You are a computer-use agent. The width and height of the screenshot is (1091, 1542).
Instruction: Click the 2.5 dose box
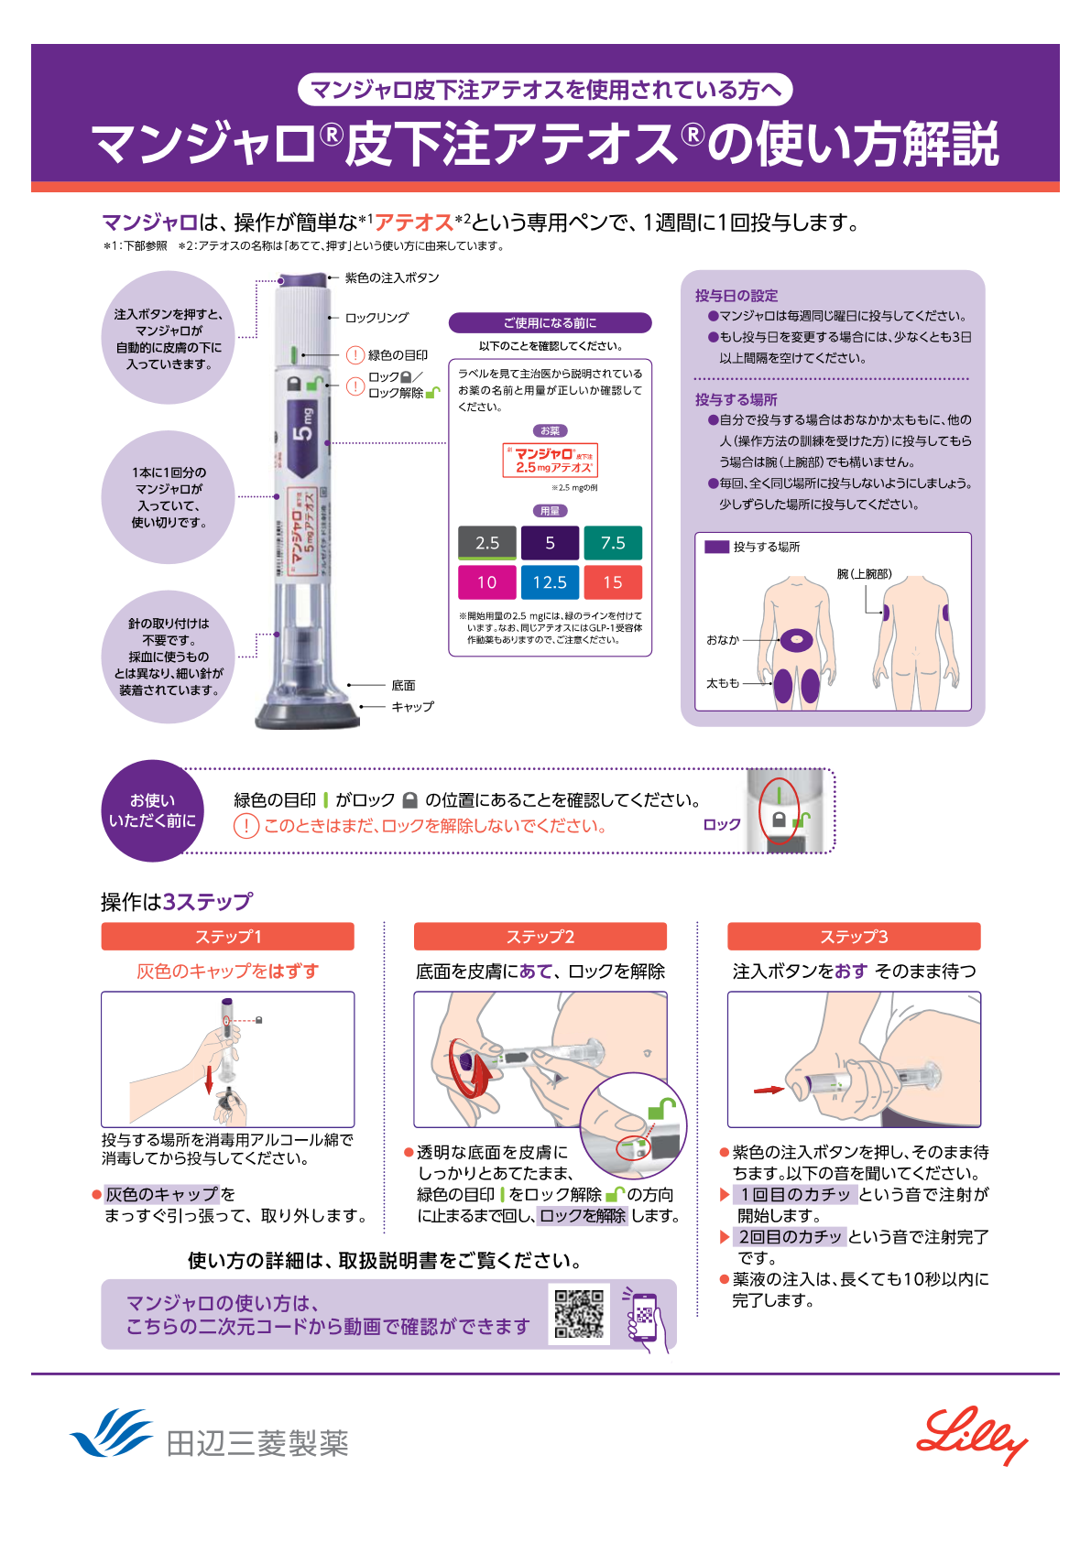point(487,543)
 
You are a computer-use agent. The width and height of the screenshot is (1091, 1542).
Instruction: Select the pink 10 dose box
point(487,582)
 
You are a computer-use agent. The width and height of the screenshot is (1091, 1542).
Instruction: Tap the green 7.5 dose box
point(613,543)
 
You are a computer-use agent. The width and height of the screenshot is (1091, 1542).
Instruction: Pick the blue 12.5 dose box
point(550,582)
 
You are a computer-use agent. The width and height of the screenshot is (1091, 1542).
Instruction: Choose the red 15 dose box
point(613,582)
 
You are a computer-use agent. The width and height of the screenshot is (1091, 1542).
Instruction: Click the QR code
point(579,1314)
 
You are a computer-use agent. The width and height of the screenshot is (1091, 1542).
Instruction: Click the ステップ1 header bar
point(227,937)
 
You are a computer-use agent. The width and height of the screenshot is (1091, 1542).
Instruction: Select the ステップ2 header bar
point(540,937)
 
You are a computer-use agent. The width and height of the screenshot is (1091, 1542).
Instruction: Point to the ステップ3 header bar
point(854,937)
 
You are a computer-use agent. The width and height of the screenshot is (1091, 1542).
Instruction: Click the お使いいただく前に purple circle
point(152,811)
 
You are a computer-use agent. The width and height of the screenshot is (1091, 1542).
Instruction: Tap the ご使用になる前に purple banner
point(550,323)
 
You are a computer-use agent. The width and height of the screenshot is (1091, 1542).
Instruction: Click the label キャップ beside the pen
point(412,707)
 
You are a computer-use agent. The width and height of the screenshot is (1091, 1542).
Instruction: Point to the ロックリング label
point(376,318)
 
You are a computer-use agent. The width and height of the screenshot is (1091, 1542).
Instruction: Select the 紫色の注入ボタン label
point(392,278)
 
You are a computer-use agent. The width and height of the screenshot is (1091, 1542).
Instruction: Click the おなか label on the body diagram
point(723,640)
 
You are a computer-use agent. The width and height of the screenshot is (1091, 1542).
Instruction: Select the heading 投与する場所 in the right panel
point(736,400)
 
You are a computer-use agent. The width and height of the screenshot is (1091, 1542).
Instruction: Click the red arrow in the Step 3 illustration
point(769,1090)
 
